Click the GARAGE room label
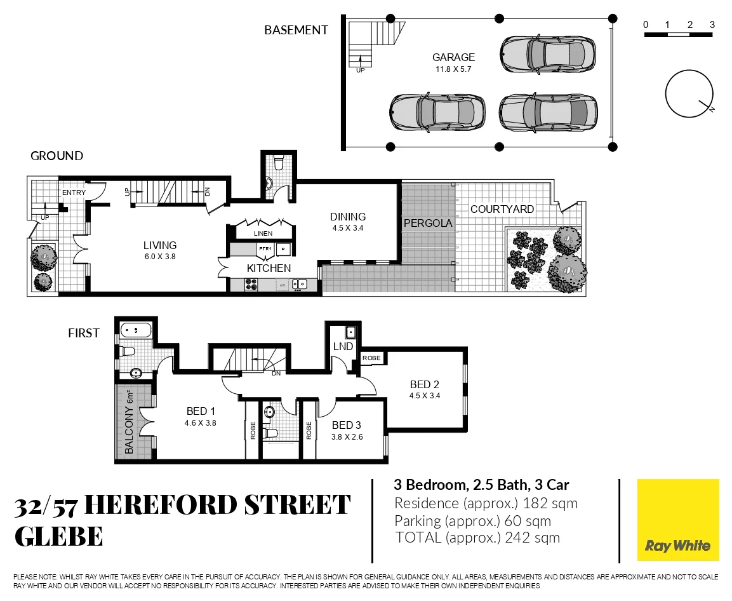(453, 57)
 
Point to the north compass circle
(688, 93)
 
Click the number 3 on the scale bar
(712, 25)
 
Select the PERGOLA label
(428, 224)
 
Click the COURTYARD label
(502, 209)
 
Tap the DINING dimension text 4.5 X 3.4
(347, 228)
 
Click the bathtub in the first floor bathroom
(135, 330)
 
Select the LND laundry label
(343, 347)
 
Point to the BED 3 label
(347, 425)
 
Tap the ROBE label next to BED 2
(371, 358)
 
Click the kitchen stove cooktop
(251, 285)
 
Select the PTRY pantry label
(265, 248)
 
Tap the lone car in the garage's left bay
(437, 112)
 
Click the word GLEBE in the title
(58, 537)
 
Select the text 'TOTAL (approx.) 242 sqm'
(477, 537)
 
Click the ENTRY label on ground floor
(73, 192)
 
